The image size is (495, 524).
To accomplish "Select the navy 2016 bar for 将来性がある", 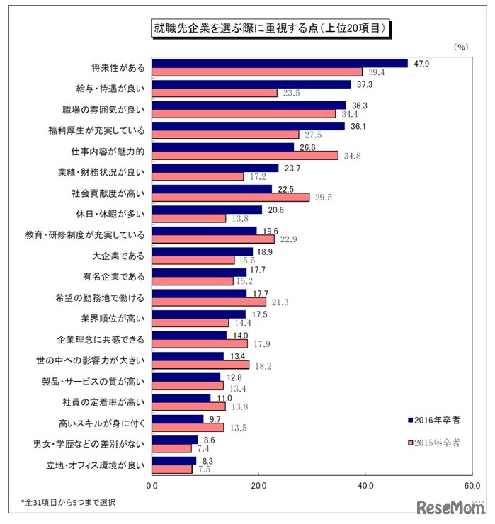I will click(x=280, y=63).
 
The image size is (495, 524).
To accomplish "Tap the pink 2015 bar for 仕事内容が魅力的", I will click(x=245, y=156).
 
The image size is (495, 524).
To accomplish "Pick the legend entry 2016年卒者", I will click(x=434, y=421).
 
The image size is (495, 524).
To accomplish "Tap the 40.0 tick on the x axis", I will click(x=365, y=486).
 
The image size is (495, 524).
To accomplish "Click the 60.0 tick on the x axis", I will click(x=472, y=486).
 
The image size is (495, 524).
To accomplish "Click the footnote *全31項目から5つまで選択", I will click(x=68, y=502).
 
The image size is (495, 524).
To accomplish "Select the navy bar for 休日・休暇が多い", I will click(x=207, y=210).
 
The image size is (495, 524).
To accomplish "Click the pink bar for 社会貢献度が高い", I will click(x=231, y=198).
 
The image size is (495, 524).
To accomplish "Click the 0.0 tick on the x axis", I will click(x=152, y=486).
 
